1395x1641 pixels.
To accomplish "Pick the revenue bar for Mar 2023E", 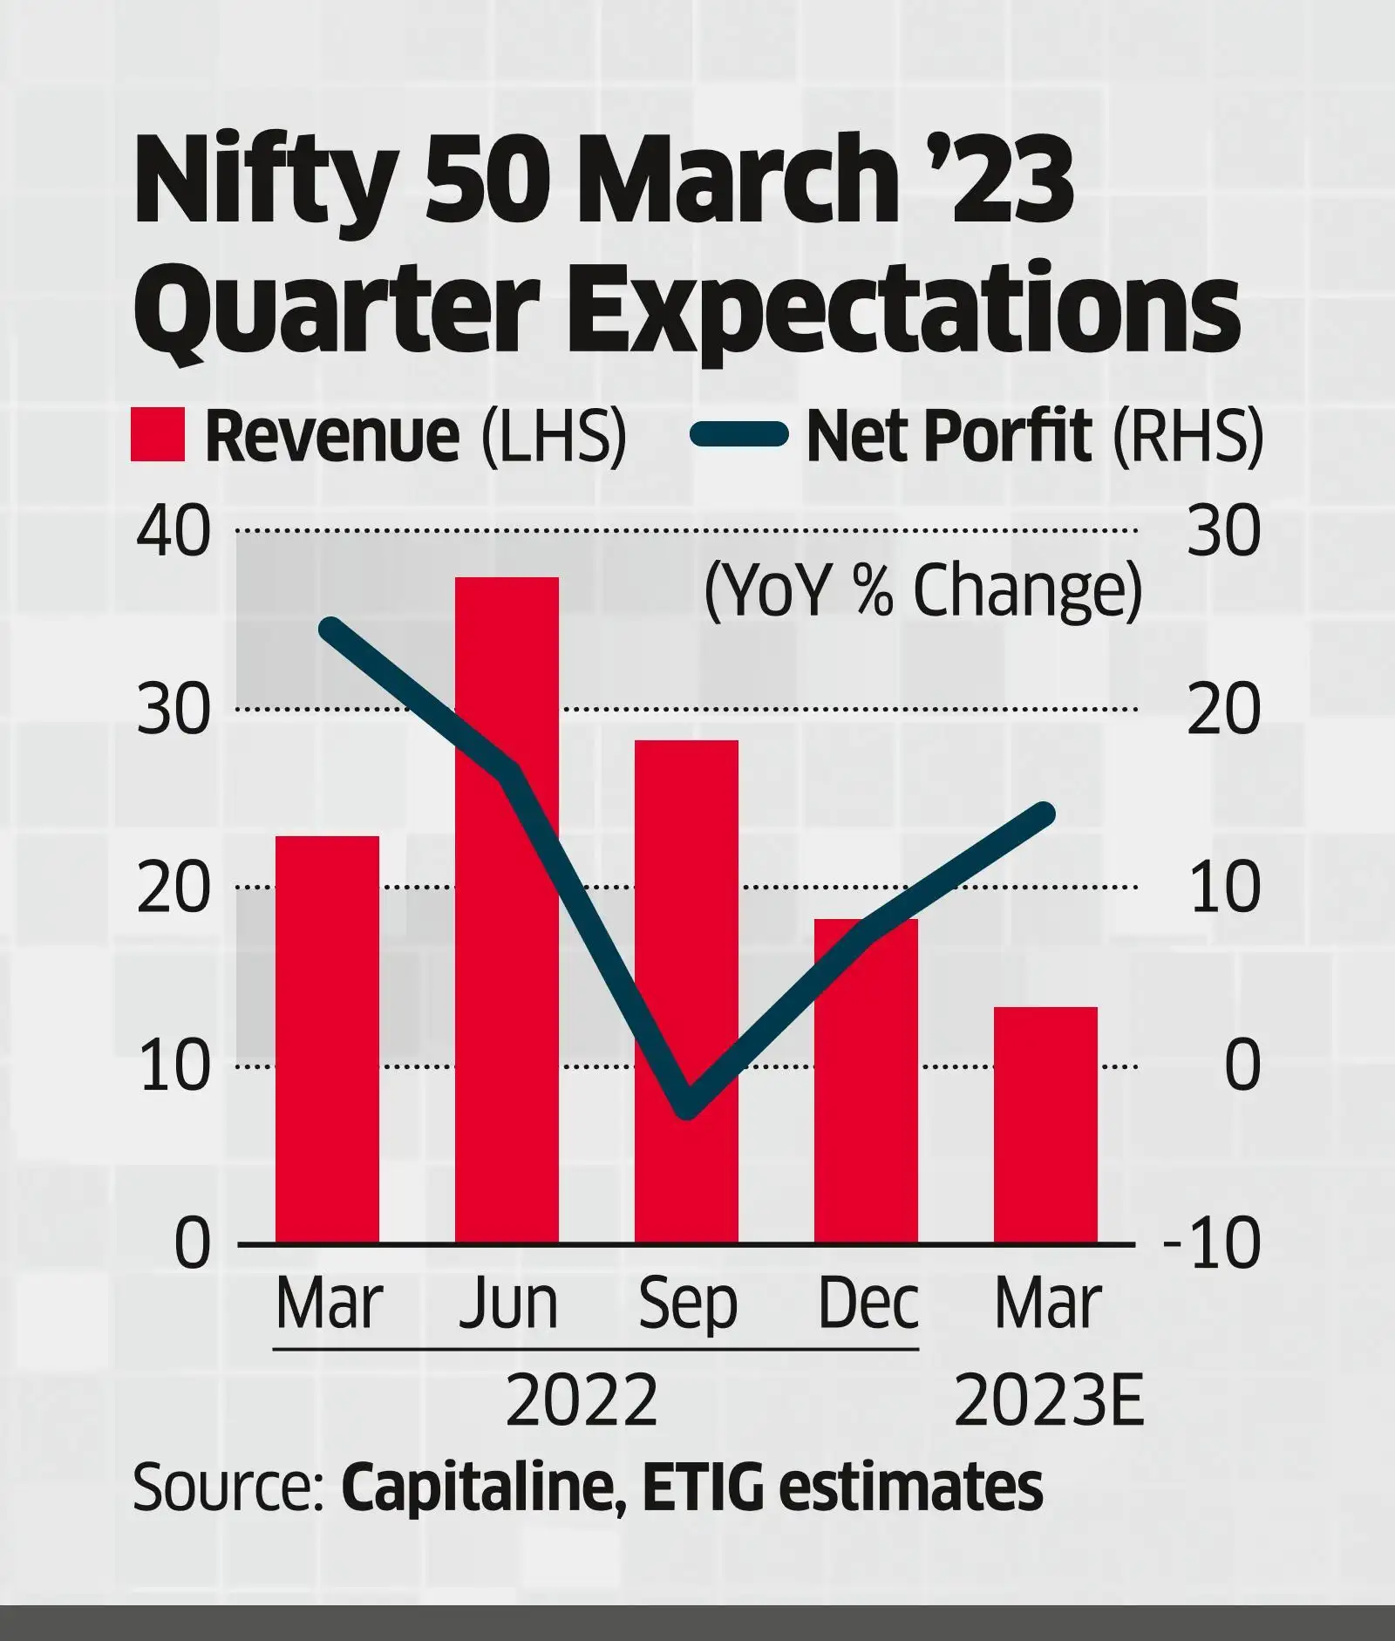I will [x=1045, y=1125].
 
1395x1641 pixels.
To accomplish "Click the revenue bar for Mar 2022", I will [x=327, y=1038].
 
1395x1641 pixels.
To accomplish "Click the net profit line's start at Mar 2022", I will [x=328, y=627].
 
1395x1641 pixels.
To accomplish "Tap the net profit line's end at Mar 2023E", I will [x=1047, y=814].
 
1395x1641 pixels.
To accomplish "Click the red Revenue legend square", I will [x=158, y=434].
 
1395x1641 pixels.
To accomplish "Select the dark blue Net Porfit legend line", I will [x=739, y=434].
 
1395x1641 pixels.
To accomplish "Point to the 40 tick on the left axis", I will [x=174, y=532].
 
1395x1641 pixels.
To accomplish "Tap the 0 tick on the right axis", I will [x=1242, y=1066].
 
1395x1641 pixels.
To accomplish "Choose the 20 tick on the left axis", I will [x=174, y=889].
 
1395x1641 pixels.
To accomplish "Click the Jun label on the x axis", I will [x=508, y=1304].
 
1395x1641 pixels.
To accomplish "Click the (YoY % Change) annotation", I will [x=922, y=590].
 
